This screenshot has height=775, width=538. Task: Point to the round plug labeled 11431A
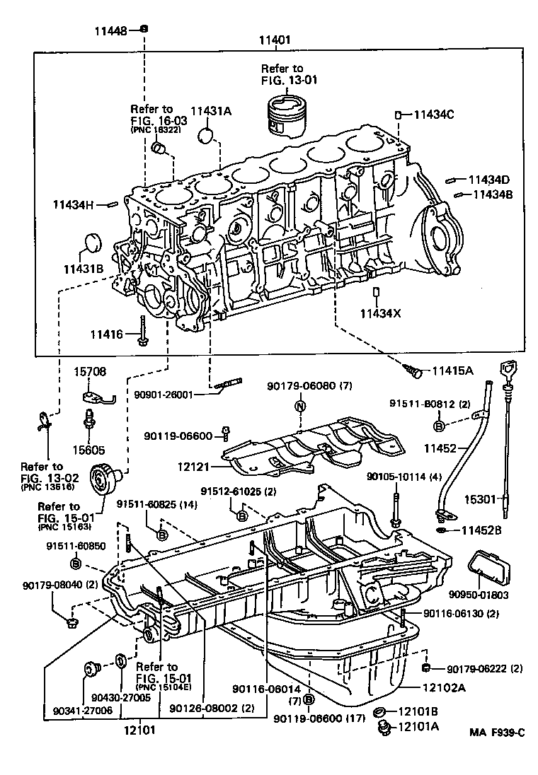coord(206,135)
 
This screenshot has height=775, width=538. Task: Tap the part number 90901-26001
coord(175,395)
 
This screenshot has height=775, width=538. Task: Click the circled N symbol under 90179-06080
coord(299,406)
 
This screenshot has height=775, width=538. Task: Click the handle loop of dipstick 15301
coord(507,370)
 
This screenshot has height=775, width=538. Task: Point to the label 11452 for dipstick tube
coord(442,448)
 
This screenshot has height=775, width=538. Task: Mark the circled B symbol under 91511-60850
coord(76,562)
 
